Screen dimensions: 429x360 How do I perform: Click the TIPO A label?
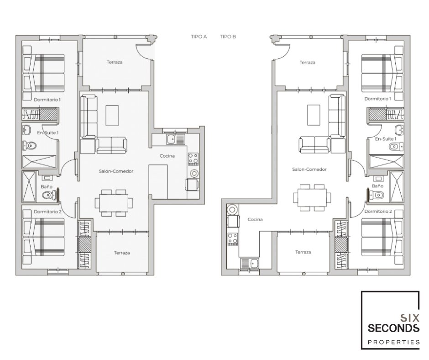(199, 37)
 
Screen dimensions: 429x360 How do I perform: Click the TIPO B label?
(228, 37)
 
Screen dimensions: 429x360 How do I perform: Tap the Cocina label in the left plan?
(167, 156)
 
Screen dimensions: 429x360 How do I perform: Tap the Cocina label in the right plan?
(255, 219)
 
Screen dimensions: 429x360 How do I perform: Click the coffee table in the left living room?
(112, 115)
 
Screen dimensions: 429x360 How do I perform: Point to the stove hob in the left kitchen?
(193, 159)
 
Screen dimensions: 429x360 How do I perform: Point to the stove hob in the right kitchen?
(233, 239)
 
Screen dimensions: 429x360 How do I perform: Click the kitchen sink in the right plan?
(250, 264)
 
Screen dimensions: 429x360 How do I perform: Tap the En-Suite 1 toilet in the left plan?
(29, 145)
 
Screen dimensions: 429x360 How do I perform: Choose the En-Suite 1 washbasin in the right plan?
(399, 129)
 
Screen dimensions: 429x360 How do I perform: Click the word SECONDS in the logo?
(393, 328)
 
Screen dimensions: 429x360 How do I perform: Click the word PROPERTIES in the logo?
(393, 342)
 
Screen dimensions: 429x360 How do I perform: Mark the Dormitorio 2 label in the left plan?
(47, 212)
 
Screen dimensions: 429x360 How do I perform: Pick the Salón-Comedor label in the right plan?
(309, 169)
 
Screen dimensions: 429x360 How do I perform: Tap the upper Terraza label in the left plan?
(115, 62)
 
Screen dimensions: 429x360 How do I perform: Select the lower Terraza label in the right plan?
(303, 252)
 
